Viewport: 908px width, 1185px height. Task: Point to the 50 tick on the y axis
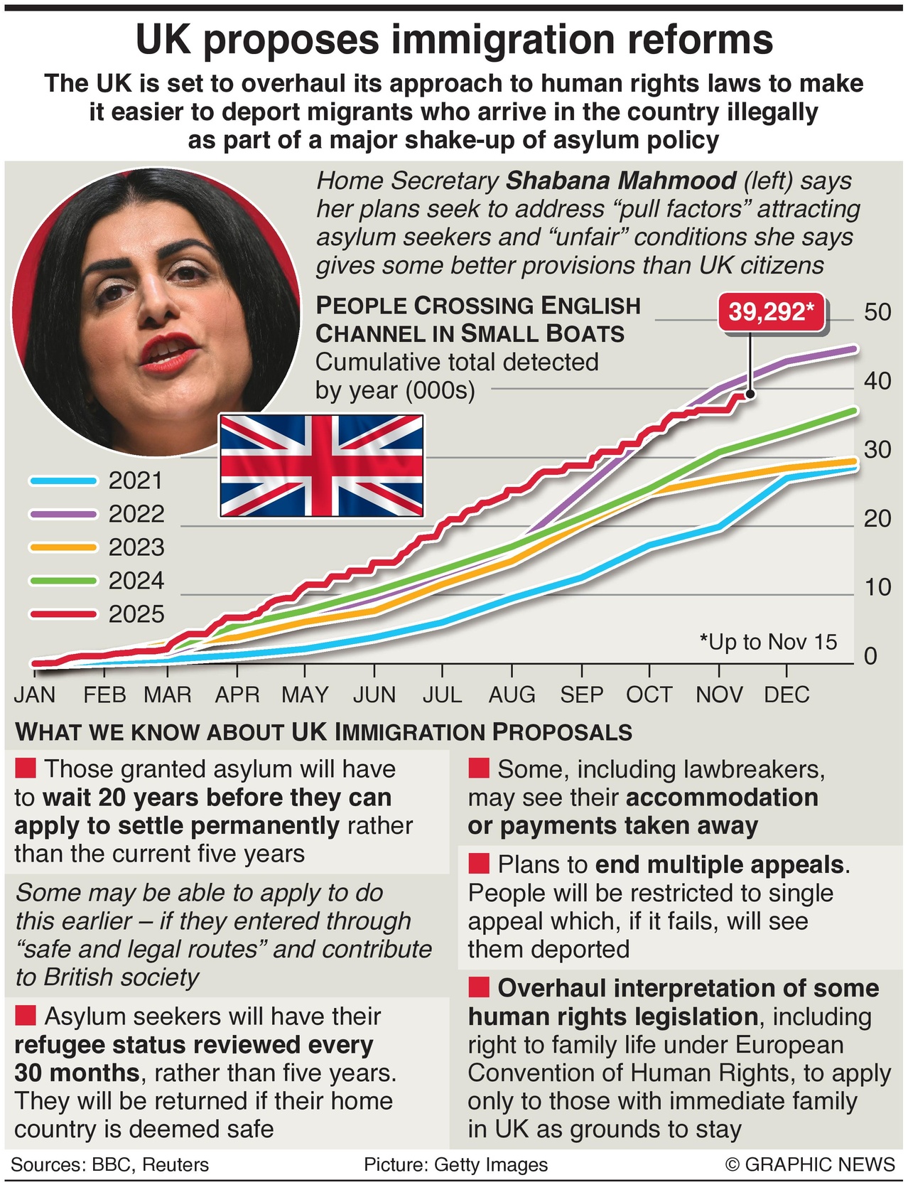[877, 312]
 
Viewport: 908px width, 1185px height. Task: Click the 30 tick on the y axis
[877, 450]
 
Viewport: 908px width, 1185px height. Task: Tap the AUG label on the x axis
[512, 695]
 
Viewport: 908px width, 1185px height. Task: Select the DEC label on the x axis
[787, 695]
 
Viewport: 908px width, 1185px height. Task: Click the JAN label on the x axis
[35, 695]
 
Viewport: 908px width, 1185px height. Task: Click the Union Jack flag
[321, 466]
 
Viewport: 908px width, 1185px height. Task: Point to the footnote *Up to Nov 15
[768, 642]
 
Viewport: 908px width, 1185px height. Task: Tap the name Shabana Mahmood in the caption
[621, 181]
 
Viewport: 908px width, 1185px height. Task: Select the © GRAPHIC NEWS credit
[810, 1164]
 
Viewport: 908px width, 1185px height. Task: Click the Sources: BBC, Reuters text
[110, 1164]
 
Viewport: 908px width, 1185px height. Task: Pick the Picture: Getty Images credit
[455, 1164]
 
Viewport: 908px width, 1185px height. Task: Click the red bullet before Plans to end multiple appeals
[479, 864]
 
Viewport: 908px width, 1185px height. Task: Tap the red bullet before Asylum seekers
[26, 1016]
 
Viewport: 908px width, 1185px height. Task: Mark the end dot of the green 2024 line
[854, 411]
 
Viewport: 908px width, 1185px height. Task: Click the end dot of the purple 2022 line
[854, 349]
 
